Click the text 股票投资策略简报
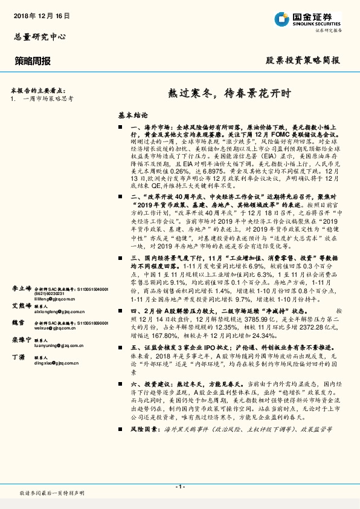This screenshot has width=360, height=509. [303, 60]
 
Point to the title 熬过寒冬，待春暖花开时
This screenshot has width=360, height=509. [229, 94]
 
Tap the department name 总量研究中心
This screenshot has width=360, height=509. [38, 36]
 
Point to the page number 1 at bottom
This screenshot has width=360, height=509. [180, 487]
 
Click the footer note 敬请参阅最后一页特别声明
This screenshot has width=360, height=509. [52, 494]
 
